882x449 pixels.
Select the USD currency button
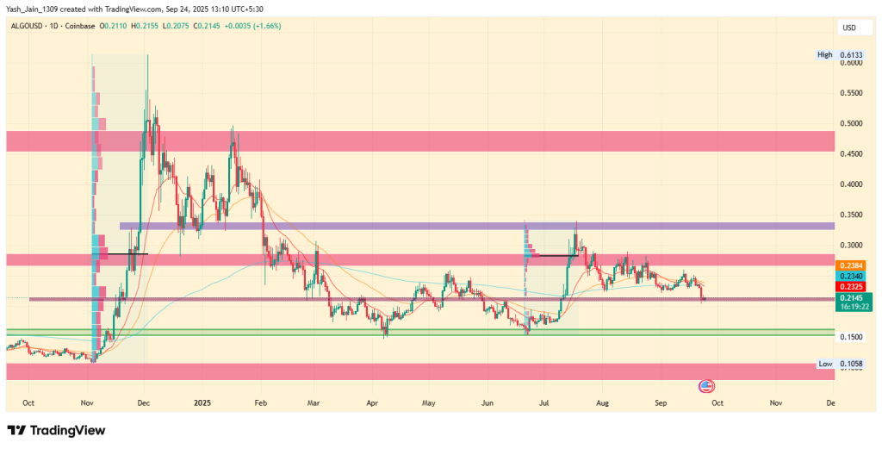[849, 28]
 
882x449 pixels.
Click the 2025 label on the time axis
[202, 402]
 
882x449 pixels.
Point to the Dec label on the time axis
[144, 402]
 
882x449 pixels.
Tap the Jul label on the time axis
[544, 402]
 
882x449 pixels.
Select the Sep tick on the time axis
[661, 402]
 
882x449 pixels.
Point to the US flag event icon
[706, 385]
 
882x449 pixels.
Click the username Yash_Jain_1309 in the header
[34, 9]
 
